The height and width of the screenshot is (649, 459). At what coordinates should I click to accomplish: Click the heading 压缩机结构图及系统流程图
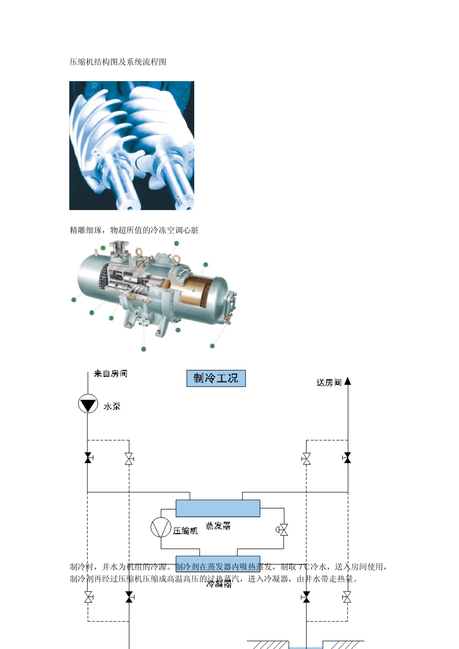tap(118, 62)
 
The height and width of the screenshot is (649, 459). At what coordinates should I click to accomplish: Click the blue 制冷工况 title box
tap(216, 378)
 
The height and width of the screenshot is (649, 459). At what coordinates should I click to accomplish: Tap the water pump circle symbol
tap(88, 404)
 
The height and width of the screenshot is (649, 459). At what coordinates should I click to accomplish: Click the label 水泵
tap(112, 407)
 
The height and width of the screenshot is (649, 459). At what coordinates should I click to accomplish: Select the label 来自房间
tap(110, 373)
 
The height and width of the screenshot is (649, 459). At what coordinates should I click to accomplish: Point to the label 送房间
tap(329, 382)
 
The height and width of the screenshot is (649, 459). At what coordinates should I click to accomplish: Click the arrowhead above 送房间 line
tap(347, 381)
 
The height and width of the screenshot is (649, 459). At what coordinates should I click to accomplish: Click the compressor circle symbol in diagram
tap(161, 527)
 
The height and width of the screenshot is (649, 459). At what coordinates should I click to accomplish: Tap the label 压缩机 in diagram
tap(186, 531)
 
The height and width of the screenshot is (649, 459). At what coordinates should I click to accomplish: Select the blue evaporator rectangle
tap(217, 508)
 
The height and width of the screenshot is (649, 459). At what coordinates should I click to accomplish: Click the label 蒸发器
tap(218, 525)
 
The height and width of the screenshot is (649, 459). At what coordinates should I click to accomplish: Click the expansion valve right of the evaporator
tap(283, 530)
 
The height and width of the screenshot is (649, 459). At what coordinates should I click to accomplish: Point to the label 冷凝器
tap(219, 584)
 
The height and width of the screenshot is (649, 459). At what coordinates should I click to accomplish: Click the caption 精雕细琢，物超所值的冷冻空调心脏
tap(134, 230)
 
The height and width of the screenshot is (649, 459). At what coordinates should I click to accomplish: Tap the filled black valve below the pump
tap(88, 458)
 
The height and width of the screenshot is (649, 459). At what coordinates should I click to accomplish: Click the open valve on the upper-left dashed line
tap(129, 458)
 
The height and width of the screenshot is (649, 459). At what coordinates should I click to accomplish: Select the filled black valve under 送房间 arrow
tap(347, 458)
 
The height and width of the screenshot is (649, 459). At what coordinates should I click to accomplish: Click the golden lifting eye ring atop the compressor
tap(139, 252)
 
